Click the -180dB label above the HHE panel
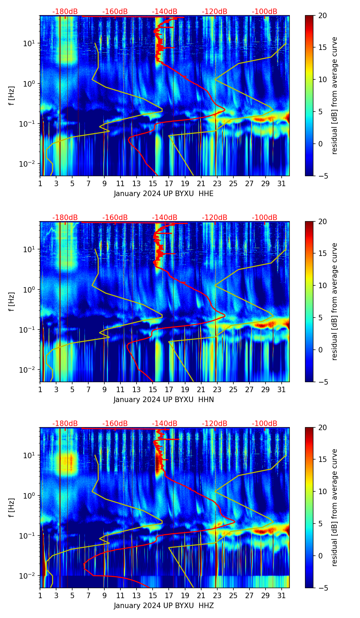click(65, 12)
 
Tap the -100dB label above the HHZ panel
click(265, 424)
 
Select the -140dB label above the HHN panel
click(165, 218)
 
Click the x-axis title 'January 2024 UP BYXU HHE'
click(164, 194)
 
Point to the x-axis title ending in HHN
click(164, 400)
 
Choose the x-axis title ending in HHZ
click(164, 606)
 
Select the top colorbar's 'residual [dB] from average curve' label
click(335, 95)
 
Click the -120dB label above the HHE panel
click(215, 12)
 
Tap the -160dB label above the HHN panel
click(115, 218)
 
